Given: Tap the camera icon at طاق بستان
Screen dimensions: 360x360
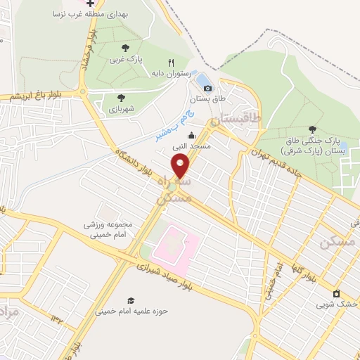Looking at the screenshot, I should (x=207, y=88).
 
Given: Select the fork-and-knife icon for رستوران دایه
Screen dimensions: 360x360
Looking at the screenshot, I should (x=161, y=63).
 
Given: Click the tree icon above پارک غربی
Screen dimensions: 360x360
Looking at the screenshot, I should (x=125, y=48).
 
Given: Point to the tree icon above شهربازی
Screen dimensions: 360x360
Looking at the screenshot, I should (x=121, y=98).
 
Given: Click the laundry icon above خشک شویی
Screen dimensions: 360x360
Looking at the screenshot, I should (x=336, y=293).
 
